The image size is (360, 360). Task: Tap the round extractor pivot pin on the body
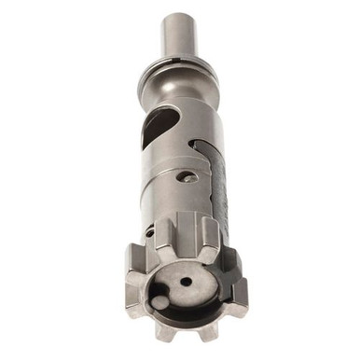click(190, 177)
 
